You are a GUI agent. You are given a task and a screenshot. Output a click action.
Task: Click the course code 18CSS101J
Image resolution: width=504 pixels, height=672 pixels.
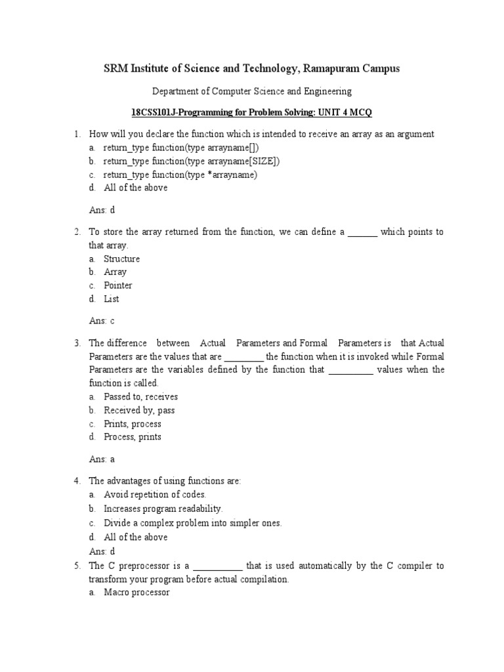tap(155, 112)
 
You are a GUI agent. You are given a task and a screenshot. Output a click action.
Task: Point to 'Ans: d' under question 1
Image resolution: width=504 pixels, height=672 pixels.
tap(102, 210)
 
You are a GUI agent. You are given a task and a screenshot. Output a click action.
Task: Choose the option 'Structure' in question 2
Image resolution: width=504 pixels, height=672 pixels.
tap(121, 259)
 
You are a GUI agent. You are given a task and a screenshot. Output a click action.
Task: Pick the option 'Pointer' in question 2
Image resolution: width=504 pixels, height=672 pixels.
tap(117, 285)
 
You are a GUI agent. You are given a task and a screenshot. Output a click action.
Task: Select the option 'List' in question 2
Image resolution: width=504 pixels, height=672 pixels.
tap(111, 299)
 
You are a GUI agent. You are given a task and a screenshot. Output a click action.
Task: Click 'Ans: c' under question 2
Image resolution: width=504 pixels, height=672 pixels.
tap(102, 321)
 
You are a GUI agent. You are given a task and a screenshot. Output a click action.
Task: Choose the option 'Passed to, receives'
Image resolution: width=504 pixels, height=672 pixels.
tap(140, 396)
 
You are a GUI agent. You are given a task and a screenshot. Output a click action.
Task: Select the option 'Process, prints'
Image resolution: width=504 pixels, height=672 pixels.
tap(132, 436)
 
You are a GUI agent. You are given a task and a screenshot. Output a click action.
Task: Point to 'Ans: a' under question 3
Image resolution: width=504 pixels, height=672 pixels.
tap(102, 459)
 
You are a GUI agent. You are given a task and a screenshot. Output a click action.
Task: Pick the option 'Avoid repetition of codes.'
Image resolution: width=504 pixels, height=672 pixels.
tap(155, 494)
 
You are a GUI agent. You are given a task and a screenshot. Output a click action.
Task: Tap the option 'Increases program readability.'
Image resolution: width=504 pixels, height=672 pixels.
tap(163, 508)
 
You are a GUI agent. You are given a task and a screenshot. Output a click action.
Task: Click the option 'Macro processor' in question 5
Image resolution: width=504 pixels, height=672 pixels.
tap(136, 592)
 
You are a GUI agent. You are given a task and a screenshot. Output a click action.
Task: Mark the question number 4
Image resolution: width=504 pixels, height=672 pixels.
tap(77, 481)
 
